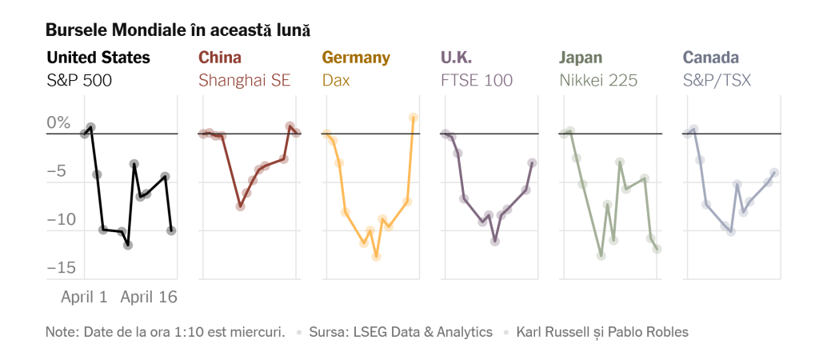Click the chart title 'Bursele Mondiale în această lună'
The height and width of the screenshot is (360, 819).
tap(178, 30)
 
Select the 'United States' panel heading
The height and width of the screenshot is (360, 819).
tap(98, 58)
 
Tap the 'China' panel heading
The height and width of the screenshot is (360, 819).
tap(220, 58)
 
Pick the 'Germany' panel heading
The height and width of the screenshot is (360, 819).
tap(356, 58)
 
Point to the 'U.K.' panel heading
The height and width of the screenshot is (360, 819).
tap(457, 58)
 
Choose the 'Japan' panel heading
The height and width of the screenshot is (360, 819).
tap(581, 58)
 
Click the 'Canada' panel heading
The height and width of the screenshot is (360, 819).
tap(711, 58)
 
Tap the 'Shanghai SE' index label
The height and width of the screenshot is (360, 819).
tap(244, 80)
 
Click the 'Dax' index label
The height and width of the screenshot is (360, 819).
tap(336, 80)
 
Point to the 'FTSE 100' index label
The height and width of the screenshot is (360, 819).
tap(477, 80)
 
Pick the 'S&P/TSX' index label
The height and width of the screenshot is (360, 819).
tap(717, 80)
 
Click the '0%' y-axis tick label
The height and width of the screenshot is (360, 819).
tap(58, 122)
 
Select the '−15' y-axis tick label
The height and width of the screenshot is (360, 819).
tap(61, 268)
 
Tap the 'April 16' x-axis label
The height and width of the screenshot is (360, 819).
tap(149, 297)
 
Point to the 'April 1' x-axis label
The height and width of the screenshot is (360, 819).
tap(84, 297)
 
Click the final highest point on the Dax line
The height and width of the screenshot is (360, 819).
tap(413, 118)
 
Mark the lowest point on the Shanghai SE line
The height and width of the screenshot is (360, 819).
tap(240, 206)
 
